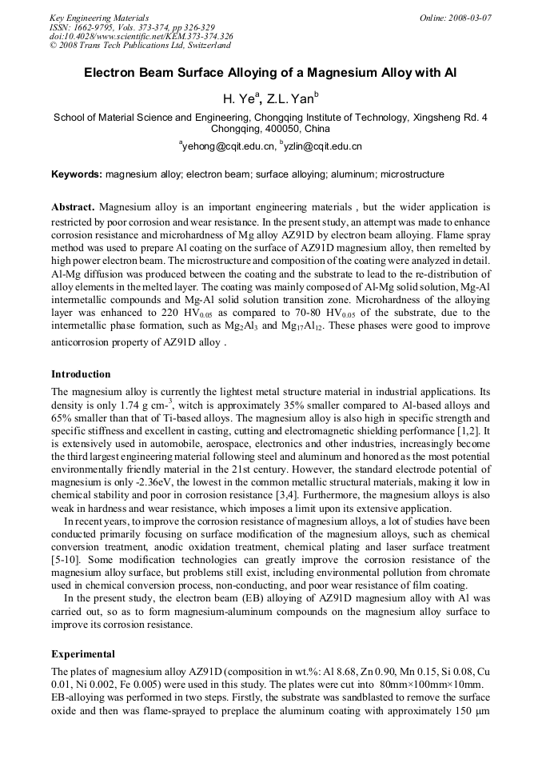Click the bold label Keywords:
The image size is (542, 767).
(77, 174)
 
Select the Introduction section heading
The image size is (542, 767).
(81, 374)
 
